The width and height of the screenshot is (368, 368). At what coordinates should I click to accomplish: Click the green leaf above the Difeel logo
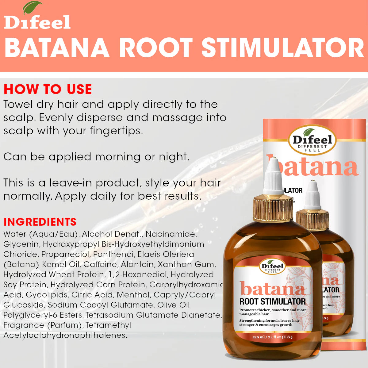pos(33,8)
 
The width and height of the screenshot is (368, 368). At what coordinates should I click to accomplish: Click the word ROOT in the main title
pos(156,48)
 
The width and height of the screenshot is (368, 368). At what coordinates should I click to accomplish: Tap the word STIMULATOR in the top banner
pos(282,48)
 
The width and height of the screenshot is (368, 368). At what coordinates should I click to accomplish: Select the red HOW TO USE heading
pos(48,89)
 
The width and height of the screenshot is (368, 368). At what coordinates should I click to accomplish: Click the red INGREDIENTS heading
pos(40,222)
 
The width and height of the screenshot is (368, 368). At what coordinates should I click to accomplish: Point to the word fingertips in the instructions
pos(116,131)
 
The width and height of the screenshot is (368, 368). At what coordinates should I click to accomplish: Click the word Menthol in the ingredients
pos(133,295)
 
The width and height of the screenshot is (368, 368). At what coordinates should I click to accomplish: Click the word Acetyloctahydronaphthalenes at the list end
pos(65,335)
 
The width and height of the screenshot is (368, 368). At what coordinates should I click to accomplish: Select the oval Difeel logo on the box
pos(312,140)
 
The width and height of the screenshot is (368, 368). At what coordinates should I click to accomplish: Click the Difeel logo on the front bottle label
pos(272,267)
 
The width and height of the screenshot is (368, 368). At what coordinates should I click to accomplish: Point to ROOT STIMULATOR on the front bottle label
pos(272,301)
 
